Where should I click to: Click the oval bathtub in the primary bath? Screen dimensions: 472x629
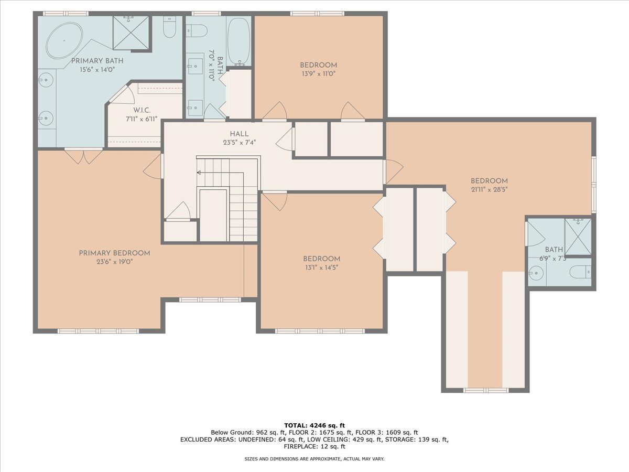[64, 40]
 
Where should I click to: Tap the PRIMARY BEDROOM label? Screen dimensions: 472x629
[114, 253]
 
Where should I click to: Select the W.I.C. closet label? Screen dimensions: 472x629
[142, 110]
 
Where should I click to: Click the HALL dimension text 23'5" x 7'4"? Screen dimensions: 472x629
[239, 143]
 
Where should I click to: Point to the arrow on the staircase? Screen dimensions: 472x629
[199, 172]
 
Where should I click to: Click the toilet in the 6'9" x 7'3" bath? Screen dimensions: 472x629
[580, 272]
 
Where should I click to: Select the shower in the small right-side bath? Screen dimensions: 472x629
[578, 237]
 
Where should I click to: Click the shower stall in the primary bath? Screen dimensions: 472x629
[131, 32]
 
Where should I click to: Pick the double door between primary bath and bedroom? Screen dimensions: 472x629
[84, 156]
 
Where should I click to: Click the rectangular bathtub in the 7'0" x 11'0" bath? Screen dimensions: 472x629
[240, 41]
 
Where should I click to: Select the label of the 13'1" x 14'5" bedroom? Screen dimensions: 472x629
[321, 259]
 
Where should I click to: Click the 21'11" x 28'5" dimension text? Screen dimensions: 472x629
[489, 189]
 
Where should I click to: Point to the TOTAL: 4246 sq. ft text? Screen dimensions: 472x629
[314, 425]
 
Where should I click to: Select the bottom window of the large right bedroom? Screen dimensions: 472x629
[485, 390]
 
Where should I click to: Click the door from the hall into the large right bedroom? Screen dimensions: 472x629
[393, 171]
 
